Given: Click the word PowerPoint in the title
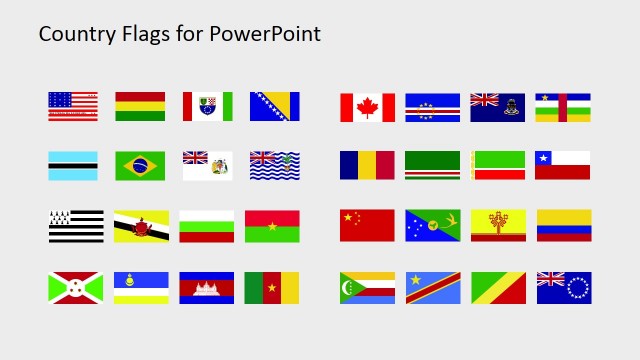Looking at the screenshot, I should (x=265, y=34).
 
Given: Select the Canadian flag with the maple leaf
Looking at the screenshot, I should (x=367, y=108).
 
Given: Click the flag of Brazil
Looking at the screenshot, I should (x=140, y=166).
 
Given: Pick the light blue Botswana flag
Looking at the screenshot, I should (x=73, y=166).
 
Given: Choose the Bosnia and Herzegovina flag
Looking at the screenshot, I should (x=274, y=107).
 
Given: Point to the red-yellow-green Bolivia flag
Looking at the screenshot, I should (x=140, y=107).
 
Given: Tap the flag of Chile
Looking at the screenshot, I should (x=562, y=166).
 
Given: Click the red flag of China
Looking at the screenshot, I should (x=367, y=225).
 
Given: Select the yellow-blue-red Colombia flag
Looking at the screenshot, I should (x=563, y=225).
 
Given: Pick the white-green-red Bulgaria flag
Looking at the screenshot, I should (x=207, y=226).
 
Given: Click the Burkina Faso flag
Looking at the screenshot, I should (x=272, y=226).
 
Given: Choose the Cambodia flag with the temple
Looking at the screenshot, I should (x=207, y=288).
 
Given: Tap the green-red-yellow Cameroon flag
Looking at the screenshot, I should (x=272, y=288).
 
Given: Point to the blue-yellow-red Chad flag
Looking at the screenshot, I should (x=367, y=166).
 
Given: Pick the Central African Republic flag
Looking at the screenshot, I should (x=562, y=108).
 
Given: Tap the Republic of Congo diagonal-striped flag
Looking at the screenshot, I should (x=497, y=288).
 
